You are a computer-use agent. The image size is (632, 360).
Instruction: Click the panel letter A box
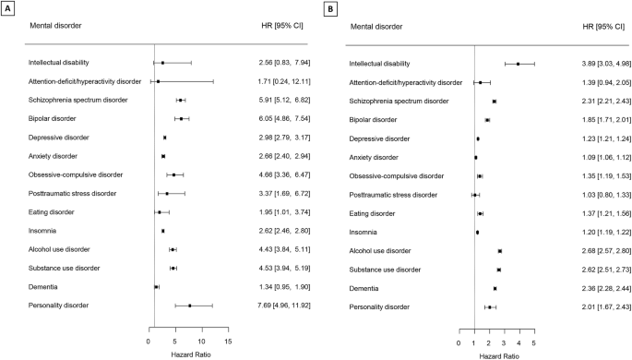[x=7, y=6]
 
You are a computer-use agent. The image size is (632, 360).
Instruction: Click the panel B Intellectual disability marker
[x=519, y=64]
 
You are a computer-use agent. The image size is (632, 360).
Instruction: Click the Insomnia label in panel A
[x=42, y=231]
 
